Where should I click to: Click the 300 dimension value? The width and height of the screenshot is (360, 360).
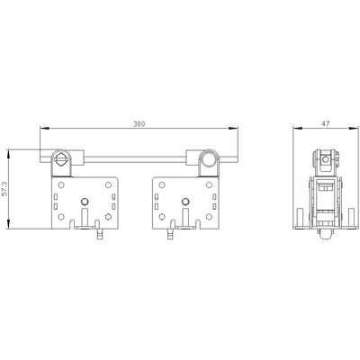[139, 122]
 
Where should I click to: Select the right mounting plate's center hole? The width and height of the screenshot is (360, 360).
[184, 200]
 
